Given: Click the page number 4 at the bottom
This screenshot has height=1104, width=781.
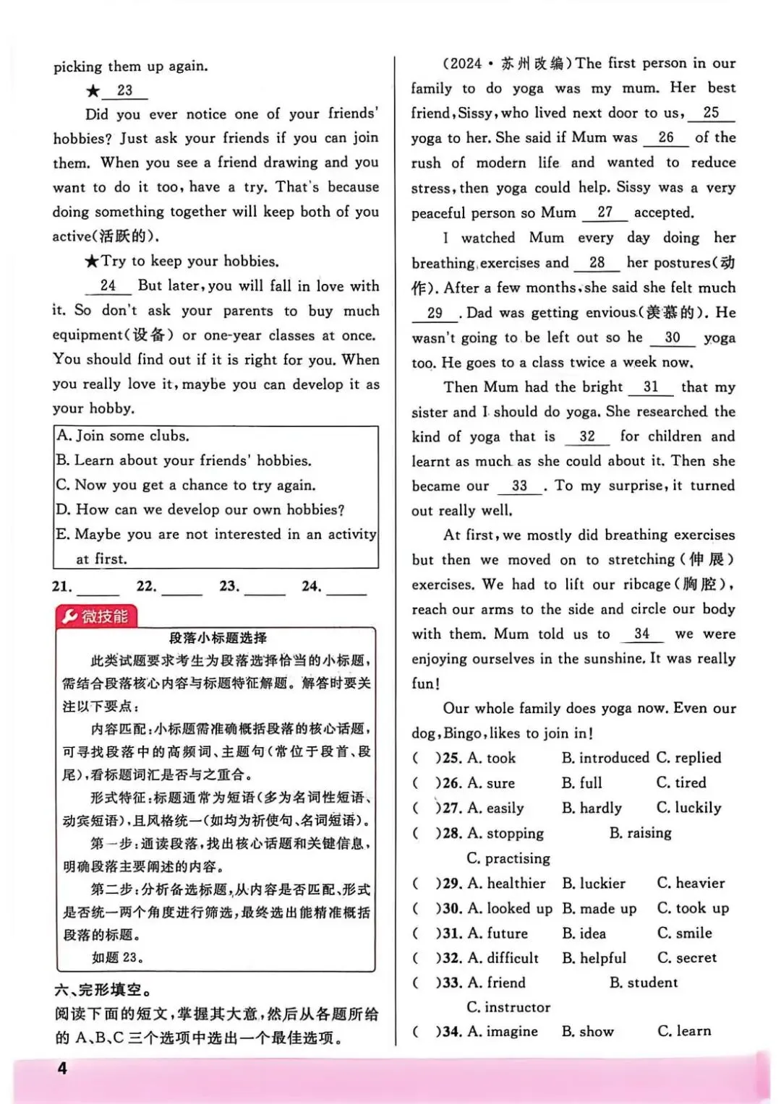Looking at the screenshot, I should coord(62,1068).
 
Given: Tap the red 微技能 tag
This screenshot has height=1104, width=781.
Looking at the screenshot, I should coord(96,616).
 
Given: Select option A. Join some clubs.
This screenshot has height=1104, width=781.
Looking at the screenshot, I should coord(123,436).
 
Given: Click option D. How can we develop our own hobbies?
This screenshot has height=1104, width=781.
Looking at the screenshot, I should coord(200,509).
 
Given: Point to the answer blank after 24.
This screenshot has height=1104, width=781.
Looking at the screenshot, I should coord(347,588).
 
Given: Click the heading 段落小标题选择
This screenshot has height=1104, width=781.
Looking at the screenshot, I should coord(218,638).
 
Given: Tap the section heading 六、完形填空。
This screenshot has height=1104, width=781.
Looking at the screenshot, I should coord(103,990).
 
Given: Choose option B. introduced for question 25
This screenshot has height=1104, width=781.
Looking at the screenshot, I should coord(605,758).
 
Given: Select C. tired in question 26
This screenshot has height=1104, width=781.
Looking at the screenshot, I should coord(681,782).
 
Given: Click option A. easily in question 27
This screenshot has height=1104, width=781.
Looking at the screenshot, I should coord(495,808).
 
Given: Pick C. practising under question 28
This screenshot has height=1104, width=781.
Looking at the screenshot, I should coord(508,858).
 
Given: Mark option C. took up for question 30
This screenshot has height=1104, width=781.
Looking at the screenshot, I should coord(693,908).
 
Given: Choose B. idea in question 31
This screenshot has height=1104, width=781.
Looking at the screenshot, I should coord(584,933).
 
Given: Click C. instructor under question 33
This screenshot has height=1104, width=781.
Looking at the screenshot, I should coord(508,1007).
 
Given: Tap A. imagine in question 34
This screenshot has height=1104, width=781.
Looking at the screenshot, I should coord(503,1032).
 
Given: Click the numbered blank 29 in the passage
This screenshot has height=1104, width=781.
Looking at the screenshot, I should coord(435,314).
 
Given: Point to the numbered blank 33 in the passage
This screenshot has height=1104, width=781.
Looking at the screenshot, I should coord(519,486).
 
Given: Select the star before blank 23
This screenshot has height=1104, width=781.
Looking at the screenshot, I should coord(93,91).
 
